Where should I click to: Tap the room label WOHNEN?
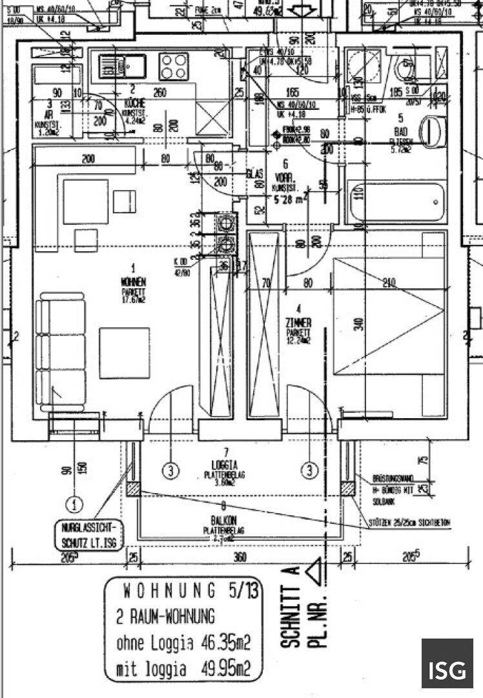coord(138,282)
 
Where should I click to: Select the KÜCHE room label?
coord(134,103)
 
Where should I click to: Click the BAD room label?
coord(400,131)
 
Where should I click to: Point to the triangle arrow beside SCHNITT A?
coord(314,572)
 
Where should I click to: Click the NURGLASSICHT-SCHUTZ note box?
coord(90,534)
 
